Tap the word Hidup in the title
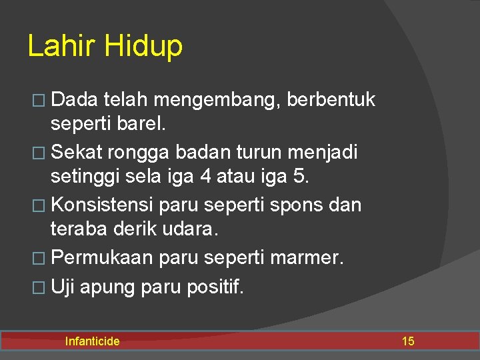pyautogui.click(x=143, y=47)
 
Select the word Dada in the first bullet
pyautogui.click(x=75, y=100)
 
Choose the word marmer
pyautogui.click(x=308, y=257)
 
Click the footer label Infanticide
pyautogui.click(x=92, y=341)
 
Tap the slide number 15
pyautogui.click(x=407, y=341)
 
